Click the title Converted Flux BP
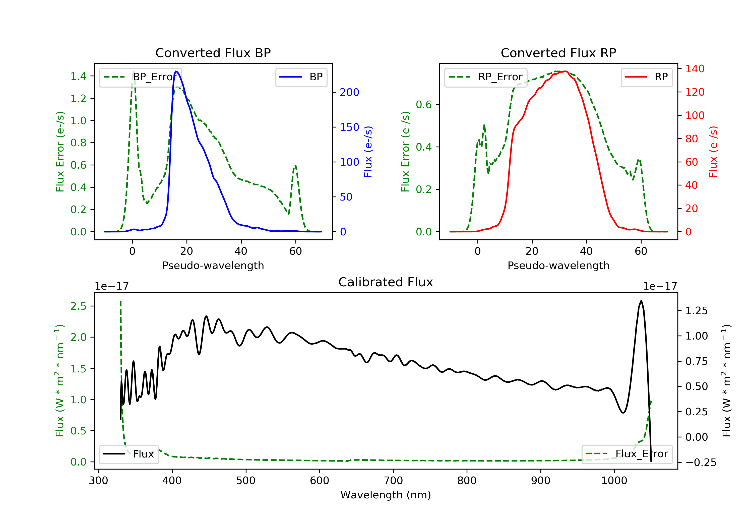click(213, 53)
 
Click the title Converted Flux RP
click(558, 53)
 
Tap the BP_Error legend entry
click(140, 77)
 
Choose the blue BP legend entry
click(301, 77)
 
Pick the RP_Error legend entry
click(485, 77)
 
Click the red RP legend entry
click(646, 77)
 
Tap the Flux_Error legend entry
click(627, 454)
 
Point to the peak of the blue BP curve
click(176, 71)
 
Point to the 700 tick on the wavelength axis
click(393, 481)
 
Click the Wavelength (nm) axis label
click(386, 495)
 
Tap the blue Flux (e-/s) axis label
click(368, 152)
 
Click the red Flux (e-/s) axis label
click(713, 152)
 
